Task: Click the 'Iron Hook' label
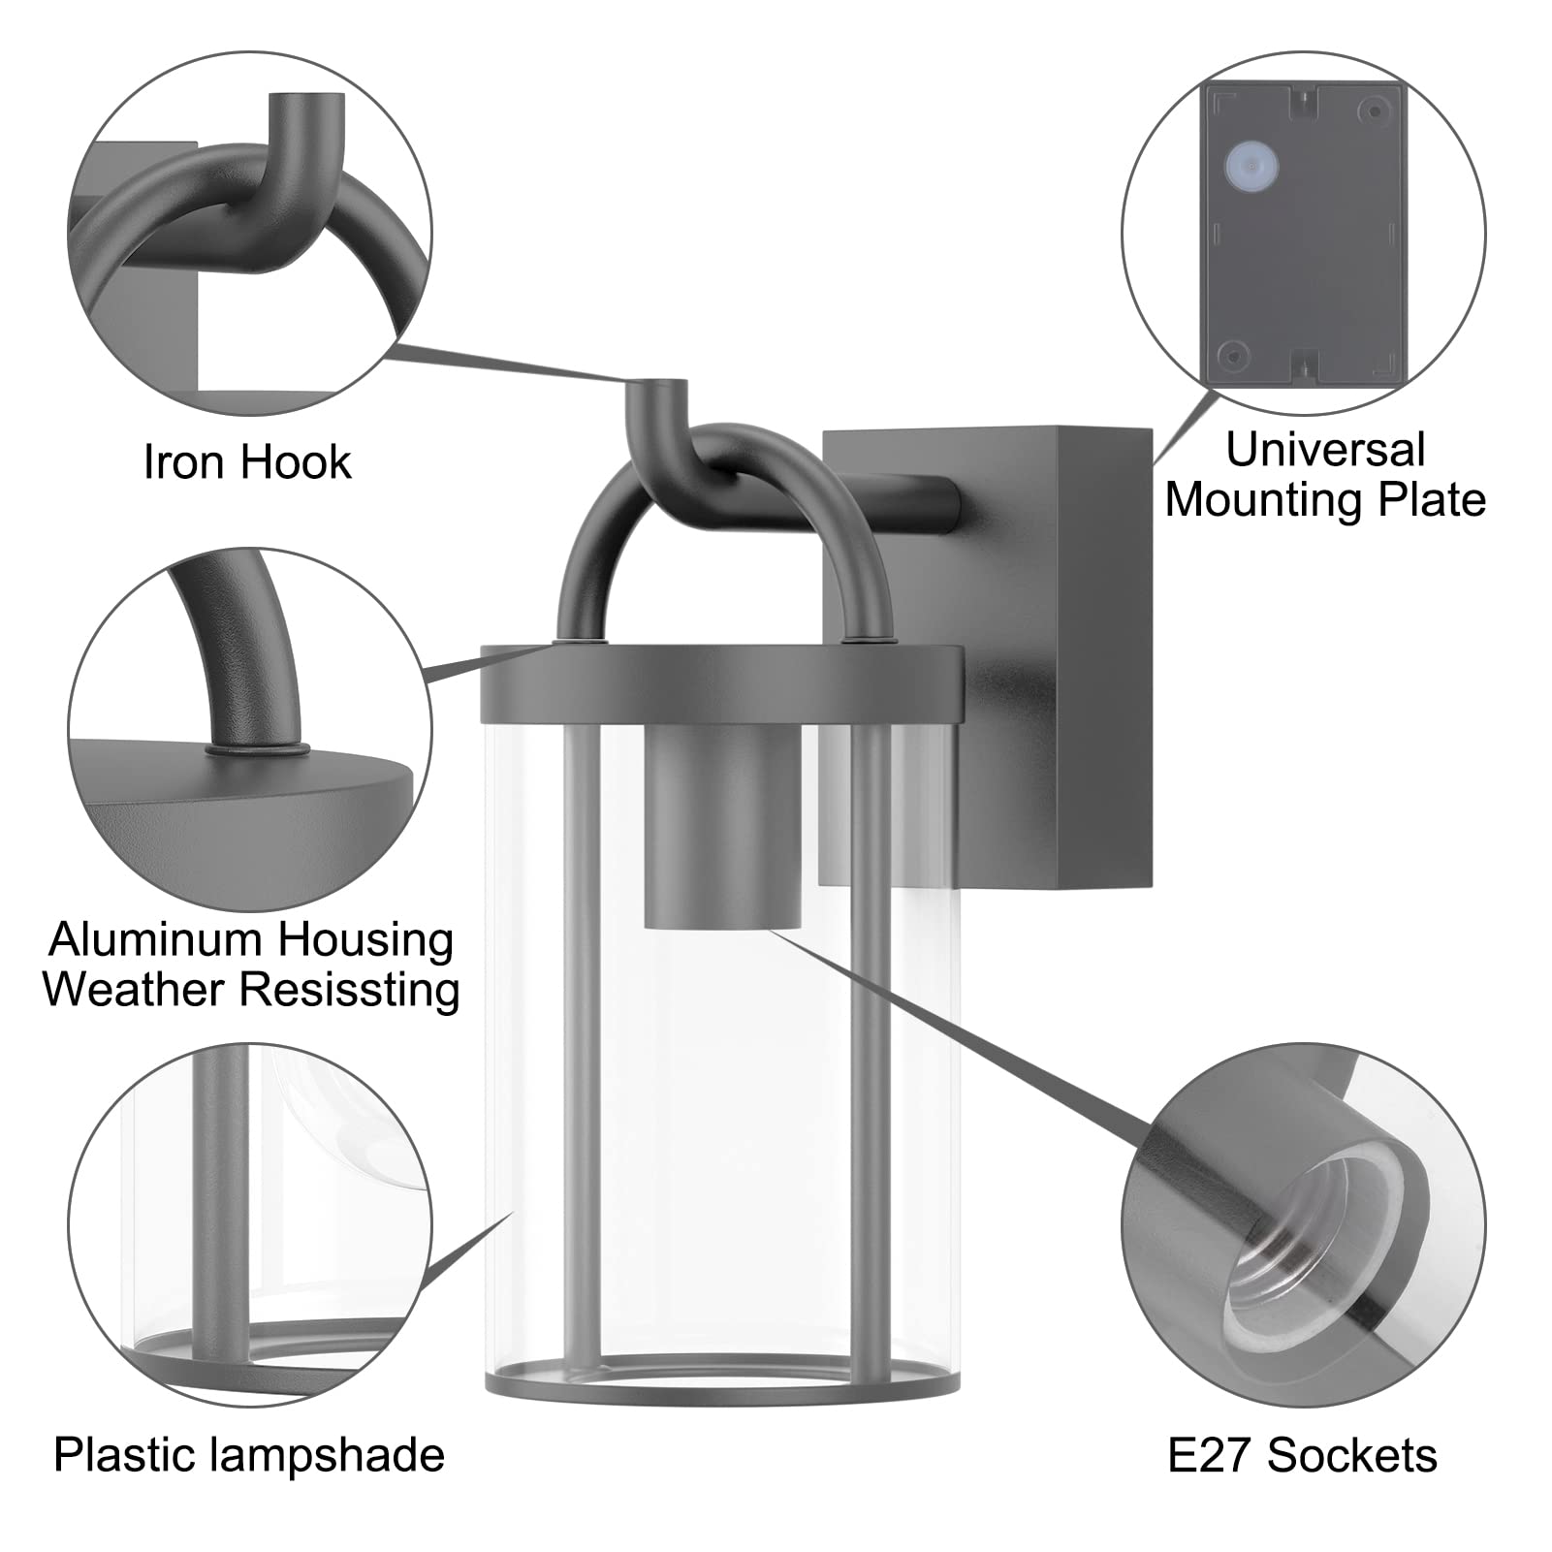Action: point(247,461)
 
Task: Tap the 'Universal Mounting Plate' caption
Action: point(1325,475)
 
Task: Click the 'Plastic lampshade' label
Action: point(249,1455)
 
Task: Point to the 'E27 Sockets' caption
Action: point(1302,1455)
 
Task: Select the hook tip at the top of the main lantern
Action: point(658,388)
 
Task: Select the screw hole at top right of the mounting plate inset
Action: point(1373,110)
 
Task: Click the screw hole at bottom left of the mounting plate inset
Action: point(1233,355)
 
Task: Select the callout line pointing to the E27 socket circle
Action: point(960,1028)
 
